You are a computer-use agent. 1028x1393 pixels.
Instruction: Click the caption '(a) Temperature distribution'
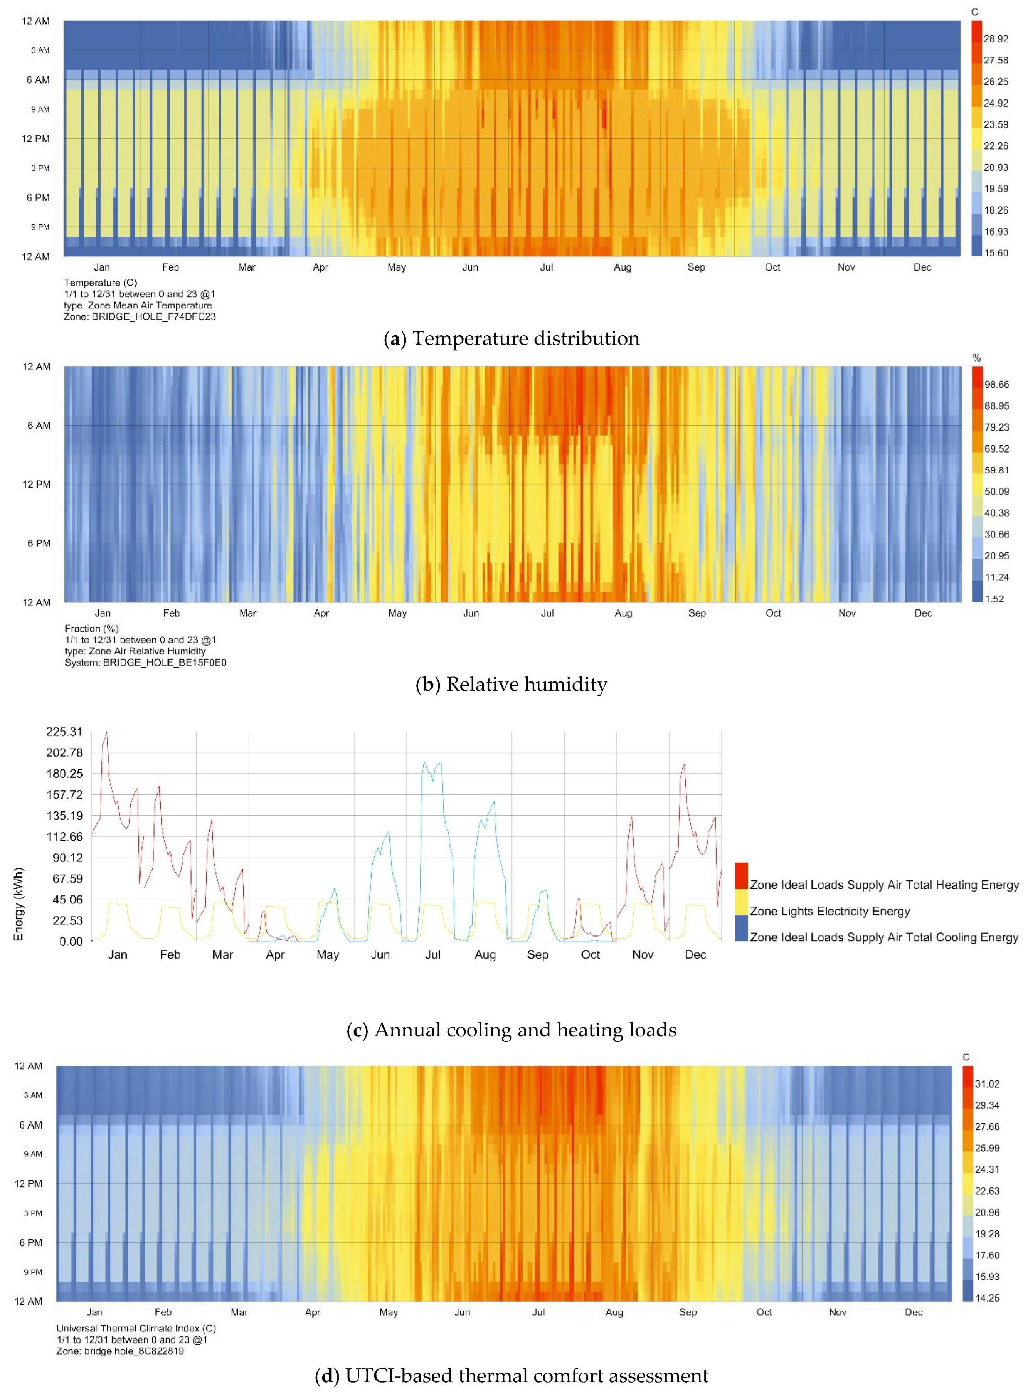pyautogui.click(x=511, y=338)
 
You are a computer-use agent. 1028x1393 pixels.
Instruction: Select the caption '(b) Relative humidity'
pyautogui.click(x=511, y=685)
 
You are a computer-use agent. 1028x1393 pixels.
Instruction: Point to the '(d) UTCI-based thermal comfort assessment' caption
pyautogui.click(x=511, y=1376)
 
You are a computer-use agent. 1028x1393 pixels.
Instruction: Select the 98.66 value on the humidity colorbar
pyautogui.click(x=996, y=385)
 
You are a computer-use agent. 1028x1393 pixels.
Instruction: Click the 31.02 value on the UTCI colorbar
pyautogui.click(x=987, y=1084)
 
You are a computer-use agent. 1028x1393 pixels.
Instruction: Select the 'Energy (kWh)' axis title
pyautogui.click(x=19, y=904)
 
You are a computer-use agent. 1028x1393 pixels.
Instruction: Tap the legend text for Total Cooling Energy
pyautogui.click(x=883, y=937)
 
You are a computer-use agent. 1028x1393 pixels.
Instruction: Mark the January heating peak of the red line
pyautogui.click(x=106, y=734)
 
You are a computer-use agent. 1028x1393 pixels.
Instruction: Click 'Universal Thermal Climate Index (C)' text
pyautogui.click(x=136, y=1328)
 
